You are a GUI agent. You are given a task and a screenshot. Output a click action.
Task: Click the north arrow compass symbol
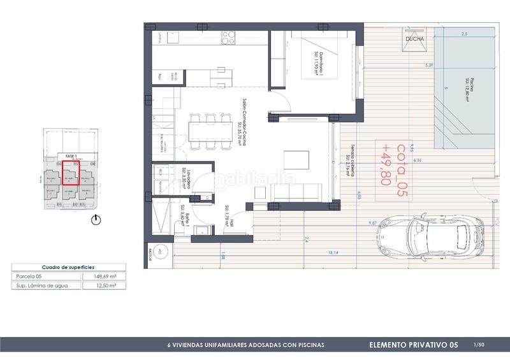(x=95, y=220)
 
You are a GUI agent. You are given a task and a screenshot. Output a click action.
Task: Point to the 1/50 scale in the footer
(x=480, y=345)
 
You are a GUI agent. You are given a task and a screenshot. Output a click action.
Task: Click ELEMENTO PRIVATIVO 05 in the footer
(x=414, y=345)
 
